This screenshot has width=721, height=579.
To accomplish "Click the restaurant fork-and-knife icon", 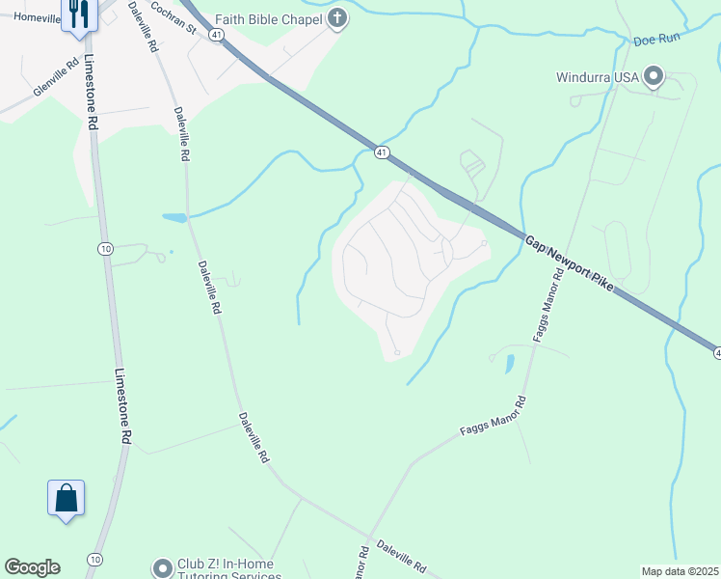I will [79, 14].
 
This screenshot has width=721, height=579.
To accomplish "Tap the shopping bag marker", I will [66, 499].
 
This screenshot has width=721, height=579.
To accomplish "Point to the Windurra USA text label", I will [598, 76].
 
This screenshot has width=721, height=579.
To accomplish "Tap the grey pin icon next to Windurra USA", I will [654, 75].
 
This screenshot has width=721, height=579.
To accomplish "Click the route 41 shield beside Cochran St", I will [217, 34].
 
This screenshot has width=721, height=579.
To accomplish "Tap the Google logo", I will [32, 567].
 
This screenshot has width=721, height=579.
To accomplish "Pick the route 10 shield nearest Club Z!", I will [94, 559].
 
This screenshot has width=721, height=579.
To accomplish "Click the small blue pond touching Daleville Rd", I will [174, 218].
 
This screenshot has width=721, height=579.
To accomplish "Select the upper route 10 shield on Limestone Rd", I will [104, 249].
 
